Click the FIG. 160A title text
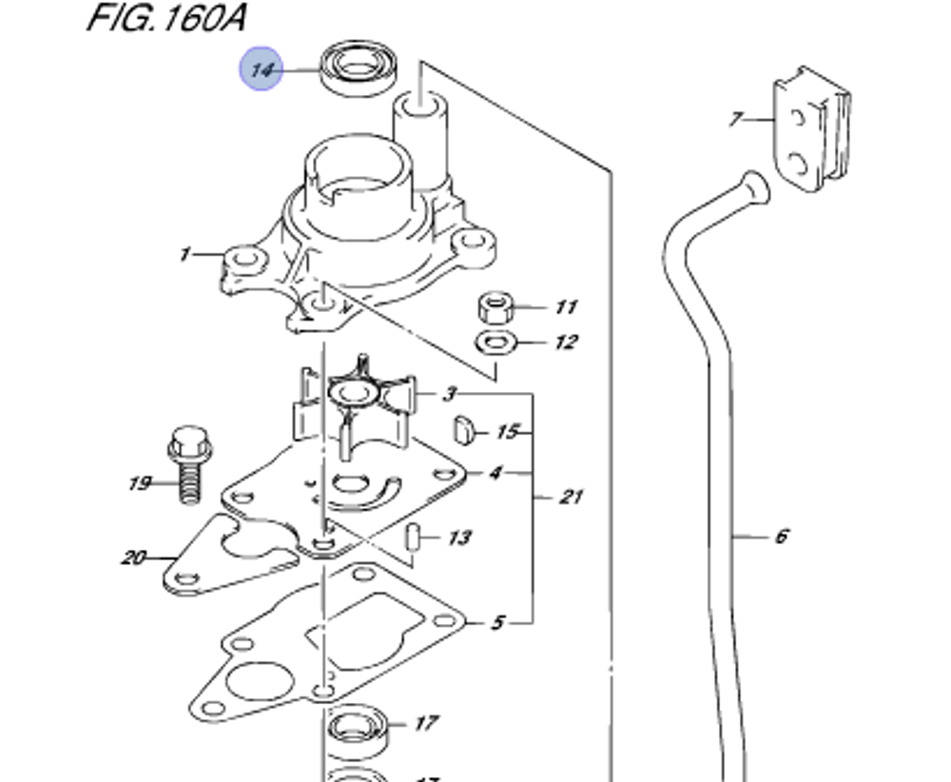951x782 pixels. pyautogui.click(x=166, y=17)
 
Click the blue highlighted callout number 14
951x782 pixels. pyautogui.click(x=262, y=69)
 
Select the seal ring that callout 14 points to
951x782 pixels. pyautogui.click(x=359, y=68)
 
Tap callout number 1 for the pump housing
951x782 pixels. pyautogui.click(x=185, y=254)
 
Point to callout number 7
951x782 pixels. pyautogui.click(x=736, y=119)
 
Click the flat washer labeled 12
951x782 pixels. pyautogui.click(x=496, y=342)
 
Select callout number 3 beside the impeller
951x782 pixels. pyautogui.click(x=449, y=395)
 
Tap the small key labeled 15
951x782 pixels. pyautogui.click(x=463, y=429)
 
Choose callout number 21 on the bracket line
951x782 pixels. pyautogui.click(x=570, y=497)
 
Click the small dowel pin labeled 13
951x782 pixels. pyautogui.click(x=413, y=538)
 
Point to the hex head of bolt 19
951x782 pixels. pyautogui.click(x=189, y=442)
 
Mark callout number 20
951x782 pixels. pyautogui.click(x=134, y=557)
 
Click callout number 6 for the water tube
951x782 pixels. pyautogui.click(x=782, y=537)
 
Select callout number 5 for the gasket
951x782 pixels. pyautogui.click(x=497, y=622)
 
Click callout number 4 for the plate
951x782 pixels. pyautogui.click(x=495, y=472)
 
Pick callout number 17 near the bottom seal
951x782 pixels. pyautogui.click(x=426, y=723)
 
